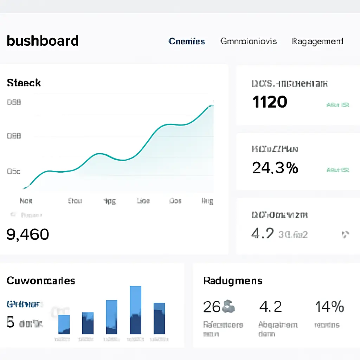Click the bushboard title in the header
[x=43, y=41]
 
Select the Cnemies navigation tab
[x=187, y=41]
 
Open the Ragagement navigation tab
[x=317, y=41]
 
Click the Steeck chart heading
[x=24, y=83]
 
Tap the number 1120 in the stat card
[x=270, y=102]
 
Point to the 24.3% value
[x=275, y=168]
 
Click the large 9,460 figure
[x=28, y=234]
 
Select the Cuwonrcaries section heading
[x=41, y=281]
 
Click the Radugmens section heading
[x=233, y=281]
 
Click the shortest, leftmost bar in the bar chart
[x=64, y=324]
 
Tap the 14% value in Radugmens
[x=329, y=307]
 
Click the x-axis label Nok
[x=26, y=201]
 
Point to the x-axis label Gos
[x=175, y=201]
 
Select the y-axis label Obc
[x=14, y=172]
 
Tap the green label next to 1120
[x=337, y=105]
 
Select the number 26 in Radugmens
[x=212, y=307]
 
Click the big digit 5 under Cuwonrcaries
[x=11, y=322]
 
